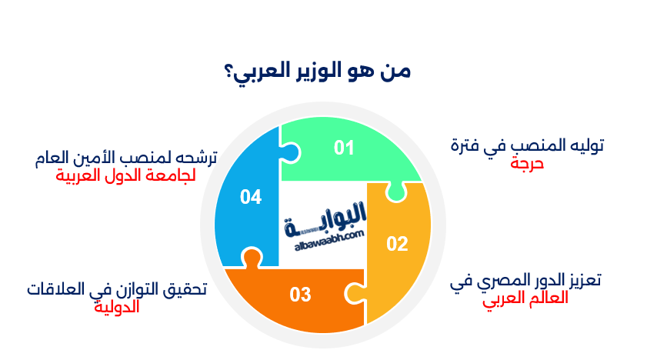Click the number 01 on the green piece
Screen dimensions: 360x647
tap(343, 148)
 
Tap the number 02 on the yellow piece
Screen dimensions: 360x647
tap(396, 245)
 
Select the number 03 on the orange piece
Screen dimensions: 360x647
tap(300, 294)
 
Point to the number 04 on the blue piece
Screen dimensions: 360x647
tap(250, 197)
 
